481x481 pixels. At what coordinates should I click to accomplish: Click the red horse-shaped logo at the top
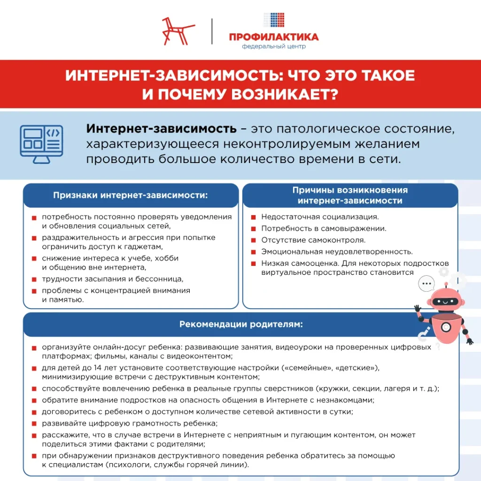pos(178,31)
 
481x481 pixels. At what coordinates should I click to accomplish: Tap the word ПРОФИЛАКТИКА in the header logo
pos(274,37)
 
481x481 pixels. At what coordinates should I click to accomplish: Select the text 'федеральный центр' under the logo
pos(273,47)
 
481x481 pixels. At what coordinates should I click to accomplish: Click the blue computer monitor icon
pos(41,144)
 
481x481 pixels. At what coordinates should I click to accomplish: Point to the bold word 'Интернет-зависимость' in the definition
pos(161,129)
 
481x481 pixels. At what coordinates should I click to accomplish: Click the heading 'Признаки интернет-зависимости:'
pos(130,195)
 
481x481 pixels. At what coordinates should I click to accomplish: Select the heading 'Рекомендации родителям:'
pos(241,324)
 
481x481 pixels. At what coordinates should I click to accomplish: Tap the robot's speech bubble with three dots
pos(427,284)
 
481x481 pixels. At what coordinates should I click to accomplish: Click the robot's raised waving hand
pos(418,310)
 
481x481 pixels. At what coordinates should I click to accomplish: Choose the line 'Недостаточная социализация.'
pos(320,217)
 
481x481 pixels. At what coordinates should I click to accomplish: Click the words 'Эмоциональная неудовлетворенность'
pos(336,252)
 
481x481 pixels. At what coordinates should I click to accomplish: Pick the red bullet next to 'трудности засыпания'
pos(34,279)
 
